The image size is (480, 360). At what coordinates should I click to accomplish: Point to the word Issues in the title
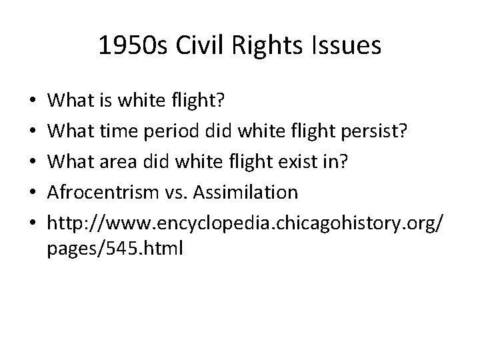[347, 46]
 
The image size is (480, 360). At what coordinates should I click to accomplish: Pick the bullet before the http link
[34, 223]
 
